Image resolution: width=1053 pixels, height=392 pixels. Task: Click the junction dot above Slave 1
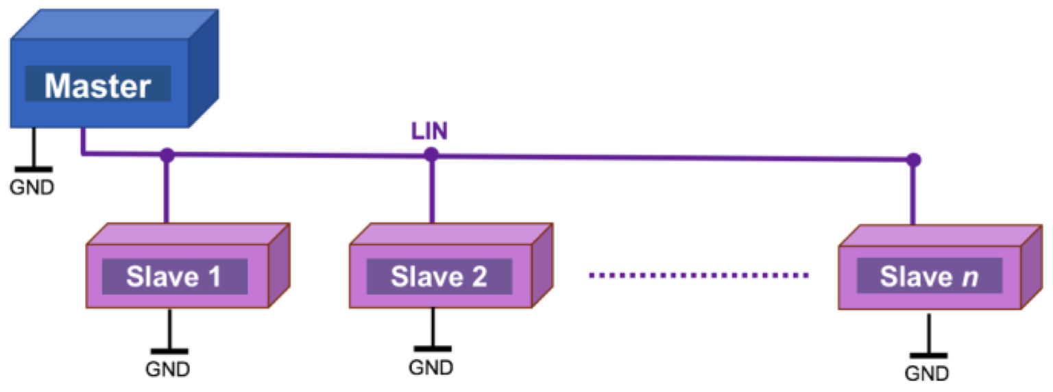click(166, 156)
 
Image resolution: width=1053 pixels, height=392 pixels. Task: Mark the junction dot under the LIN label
click(431, 155)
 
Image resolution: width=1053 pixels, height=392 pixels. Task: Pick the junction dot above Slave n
click(912, 160)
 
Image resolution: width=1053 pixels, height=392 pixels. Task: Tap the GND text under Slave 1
click(167, 369)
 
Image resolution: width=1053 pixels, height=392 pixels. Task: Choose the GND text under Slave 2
click(431, 367)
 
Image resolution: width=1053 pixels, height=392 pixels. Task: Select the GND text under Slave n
click(928, 373)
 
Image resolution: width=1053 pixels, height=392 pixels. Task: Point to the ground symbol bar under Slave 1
click(168, 352)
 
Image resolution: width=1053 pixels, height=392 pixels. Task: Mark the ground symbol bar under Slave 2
click(432, 348)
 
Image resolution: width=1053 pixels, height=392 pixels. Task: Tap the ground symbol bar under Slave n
click(928, 355)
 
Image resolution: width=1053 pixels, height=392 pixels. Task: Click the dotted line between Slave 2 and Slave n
click(699, 276)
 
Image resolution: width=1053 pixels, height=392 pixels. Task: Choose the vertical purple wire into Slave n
click(912, 195)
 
